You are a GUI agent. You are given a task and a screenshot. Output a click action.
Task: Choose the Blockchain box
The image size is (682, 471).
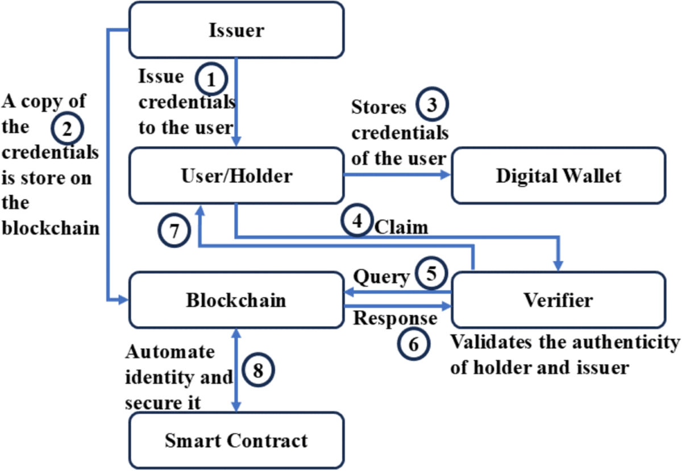coord(236,300)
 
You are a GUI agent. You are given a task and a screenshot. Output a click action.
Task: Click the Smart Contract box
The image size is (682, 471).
coord(236,440)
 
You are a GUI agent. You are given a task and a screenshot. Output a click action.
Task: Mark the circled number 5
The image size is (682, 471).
coord(431,273)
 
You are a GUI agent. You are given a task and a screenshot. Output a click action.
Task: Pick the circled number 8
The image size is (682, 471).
coord(259,370)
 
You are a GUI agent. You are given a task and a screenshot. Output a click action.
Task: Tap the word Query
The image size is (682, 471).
coord(381,277)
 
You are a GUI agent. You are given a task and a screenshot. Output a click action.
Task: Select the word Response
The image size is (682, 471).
coord(395,318)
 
